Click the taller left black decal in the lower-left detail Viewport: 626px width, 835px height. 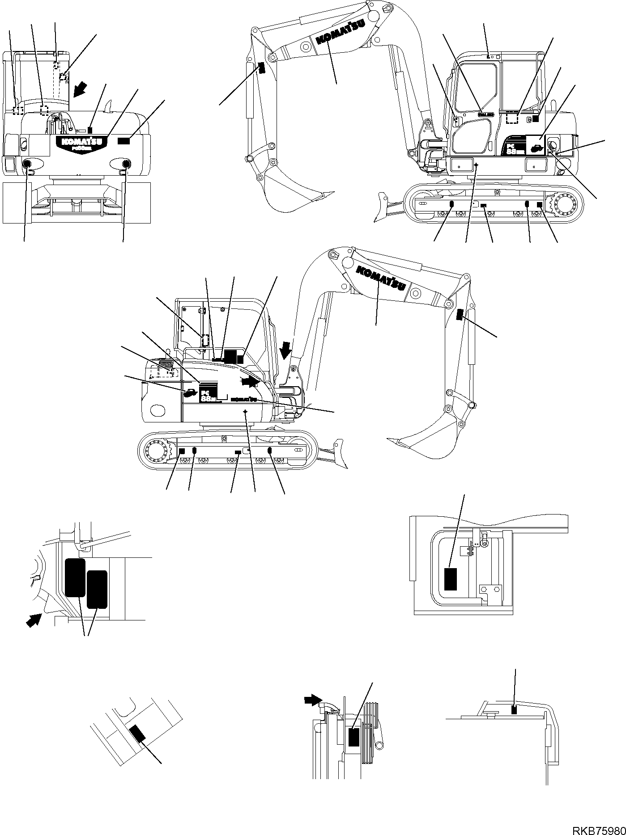pos(75,577)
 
